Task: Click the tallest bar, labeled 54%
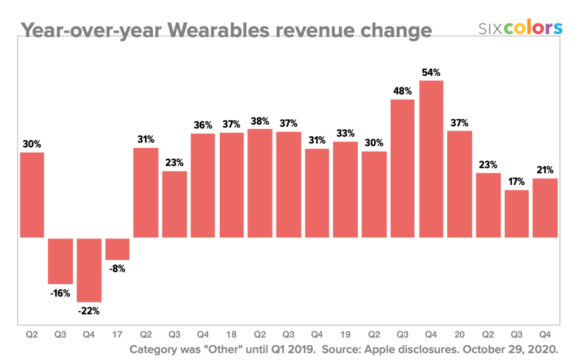431,159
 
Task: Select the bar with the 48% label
402,168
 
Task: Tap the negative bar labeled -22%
89,270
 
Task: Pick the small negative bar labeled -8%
118,248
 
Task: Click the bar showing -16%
61,261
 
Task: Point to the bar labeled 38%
260,183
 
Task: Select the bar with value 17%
516,213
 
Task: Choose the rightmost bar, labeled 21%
545,207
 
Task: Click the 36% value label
203,125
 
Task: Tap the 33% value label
345,133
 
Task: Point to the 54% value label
431,72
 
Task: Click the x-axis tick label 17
118,335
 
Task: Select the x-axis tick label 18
231,335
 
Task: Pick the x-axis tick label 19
345,335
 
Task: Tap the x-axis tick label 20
459,335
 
